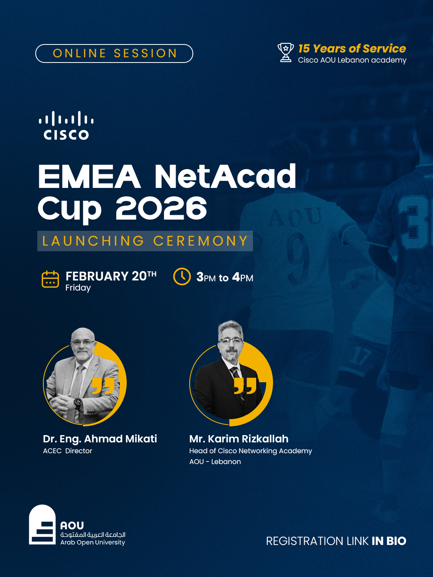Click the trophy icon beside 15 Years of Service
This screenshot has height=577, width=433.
tap(285, 52)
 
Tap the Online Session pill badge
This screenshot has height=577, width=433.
tap(114, 53)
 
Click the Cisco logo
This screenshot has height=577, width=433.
tap(66, 125)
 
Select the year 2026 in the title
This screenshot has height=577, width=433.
tap(162, 209)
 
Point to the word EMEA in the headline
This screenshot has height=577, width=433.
tap(89, 176)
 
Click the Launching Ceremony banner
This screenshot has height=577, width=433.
tap(145, 241)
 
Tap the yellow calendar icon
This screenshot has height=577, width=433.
tap(50, 279)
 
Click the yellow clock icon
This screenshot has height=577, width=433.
tap(182, 276)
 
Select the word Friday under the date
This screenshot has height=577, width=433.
tap(78, 288)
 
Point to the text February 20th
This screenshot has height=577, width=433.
tap(111, 276)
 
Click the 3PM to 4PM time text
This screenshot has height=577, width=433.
tap(225, 277)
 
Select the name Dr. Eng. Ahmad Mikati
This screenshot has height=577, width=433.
tap(100, 439)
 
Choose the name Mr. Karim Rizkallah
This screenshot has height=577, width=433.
tap(239, 439)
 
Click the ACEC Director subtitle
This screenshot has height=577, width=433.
tap(68, 451)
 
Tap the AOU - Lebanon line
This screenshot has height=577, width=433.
tap(215, 462)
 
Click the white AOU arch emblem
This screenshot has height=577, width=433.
tap(42, 525)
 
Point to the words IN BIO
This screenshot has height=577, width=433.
tap(389, 541)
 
